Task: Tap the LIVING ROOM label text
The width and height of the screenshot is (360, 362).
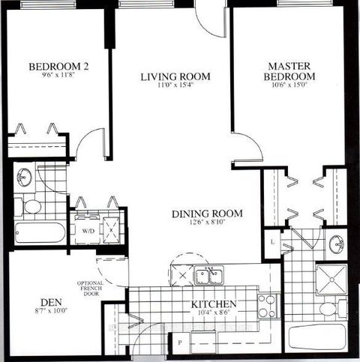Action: click(175, 76)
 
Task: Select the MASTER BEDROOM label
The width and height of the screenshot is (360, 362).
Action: click(291, 72)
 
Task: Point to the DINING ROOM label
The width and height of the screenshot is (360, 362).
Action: click(203, 214)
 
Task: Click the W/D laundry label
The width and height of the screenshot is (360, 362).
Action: click(87, 230)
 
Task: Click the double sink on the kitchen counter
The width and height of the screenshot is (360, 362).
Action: click(208, 277)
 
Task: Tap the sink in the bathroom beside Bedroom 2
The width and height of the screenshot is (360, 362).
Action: click(24, 177)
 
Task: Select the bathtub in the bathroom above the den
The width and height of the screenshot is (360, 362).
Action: click(39, 230)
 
